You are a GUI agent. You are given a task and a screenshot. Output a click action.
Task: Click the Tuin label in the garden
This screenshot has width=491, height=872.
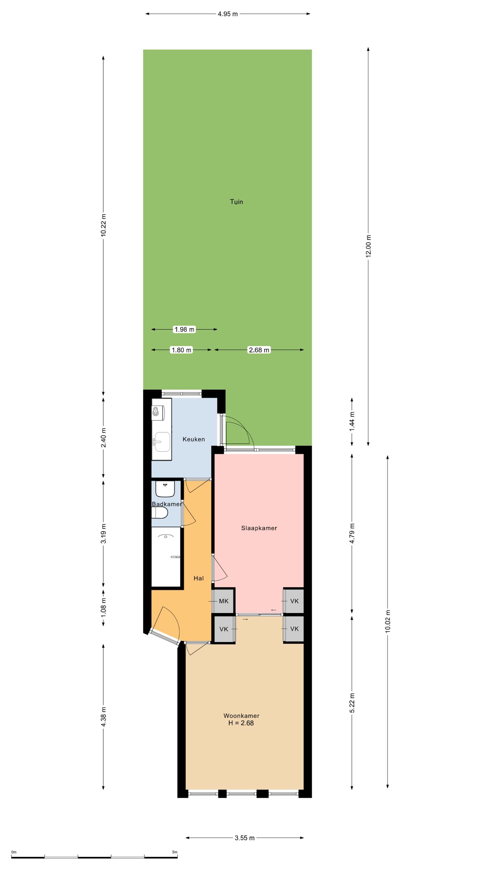coord(236,202)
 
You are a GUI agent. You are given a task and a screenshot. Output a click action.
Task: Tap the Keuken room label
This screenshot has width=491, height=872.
coord(194,439)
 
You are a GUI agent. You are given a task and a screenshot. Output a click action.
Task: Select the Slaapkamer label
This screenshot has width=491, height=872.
coord(259,528)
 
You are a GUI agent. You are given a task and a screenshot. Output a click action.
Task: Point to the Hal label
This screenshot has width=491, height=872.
coord(198,578)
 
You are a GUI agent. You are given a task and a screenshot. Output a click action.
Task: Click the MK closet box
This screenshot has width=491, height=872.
coord(223,601)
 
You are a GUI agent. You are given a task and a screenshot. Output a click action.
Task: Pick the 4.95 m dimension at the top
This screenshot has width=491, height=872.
coord(228,14)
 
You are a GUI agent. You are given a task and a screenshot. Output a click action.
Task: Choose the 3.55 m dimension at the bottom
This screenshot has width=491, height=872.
coord(244,838)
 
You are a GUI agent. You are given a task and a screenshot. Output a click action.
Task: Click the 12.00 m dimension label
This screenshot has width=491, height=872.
coord(368,246)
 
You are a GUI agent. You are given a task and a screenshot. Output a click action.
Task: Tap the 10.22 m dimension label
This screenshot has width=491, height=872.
coord(104,225)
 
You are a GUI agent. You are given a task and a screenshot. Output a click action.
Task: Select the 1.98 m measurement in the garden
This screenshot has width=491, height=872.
coord(184,329)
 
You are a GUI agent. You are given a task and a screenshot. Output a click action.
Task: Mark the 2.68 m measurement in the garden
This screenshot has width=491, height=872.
coord(259,350)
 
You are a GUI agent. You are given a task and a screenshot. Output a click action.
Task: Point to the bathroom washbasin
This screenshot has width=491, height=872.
coord(165,488)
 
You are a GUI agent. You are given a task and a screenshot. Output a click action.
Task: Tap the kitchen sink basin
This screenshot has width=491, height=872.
coord(162,441)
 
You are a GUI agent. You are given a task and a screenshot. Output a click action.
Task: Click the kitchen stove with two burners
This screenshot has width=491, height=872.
coord(158,411)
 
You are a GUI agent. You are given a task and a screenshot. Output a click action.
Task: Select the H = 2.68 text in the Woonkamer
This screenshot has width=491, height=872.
coord(241,723)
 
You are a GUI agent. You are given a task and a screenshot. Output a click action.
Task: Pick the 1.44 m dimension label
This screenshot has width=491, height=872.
coord(352,421)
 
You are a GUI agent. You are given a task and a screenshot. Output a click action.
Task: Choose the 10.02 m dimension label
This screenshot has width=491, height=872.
coord(388,621)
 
